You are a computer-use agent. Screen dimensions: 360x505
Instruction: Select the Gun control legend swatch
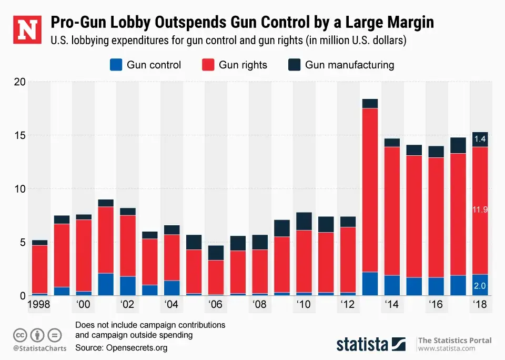(x=116, y=65)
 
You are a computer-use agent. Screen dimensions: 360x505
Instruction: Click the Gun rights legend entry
(x=235, y=65)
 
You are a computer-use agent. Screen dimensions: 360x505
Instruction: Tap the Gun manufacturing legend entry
(x=341, y=65)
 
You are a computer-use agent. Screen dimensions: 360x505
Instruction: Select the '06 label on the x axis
(x=216, y=305)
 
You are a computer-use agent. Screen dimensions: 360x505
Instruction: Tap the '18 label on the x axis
(x=480, y=305)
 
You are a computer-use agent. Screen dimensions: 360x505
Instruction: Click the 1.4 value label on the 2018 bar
(x=480, y=139)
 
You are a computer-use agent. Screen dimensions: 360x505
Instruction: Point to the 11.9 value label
(x=480, y=209)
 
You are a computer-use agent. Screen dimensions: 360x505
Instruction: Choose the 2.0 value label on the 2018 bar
(x=480, y=286)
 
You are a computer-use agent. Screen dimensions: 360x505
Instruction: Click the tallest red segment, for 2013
(x=370, y=189)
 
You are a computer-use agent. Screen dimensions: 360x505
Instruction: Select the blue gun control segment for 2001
(x=106, y=284)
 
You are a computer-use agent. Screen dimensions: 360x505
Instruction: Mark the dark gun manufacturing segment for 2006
(x=216, y=253)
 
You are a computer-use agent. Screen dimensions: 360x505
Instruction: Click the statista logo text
(x=362, y=345)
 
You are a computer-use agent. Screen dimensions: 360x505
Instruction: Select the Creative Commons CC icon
(x=21, y=334)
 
